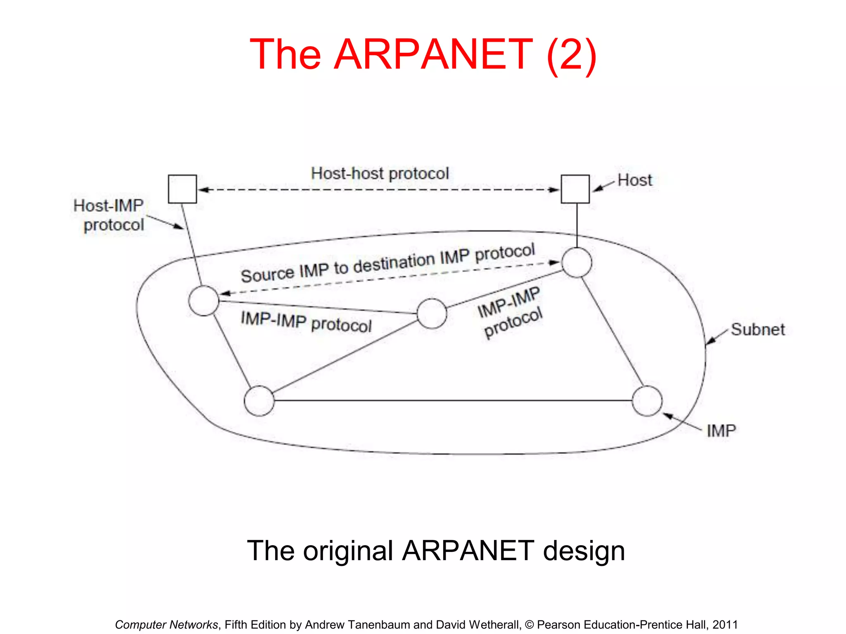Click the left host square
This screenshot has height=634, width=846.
(x=182, y=189)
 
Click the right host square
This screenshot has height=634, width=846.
(x=575, y=189)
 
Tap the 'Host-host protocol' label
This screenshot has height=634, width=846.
(x=380, y=173)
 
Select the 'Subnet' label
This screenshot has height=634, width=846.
(x=758, y=329)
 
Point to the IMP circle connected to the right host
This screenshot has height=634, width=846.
(x=577, y=263)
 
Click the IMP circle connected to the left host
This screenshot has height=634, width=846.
(x=204, y=301)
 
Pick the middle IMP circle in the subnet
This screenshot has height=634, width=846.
(x=432, y=314)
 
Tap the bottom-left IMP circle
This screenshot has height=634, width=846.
(x=259, y=401)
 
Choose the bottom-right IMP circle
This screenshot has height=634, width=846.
(x=647, y=401)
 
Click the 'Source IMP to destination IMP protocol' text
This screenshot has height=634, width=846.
(x=387, y=263)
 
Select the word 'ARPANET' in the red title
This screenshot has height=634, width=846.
(x=433, y=54)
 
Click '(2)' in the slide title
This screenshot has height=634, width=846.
(x=571, y=54)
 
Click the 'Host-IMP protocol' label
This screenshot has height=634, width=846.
(x=109, y=215)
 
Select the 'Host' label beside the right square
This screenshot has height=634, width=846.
(x=634, y=180)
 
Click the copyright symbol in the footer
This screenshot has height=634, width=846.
(x=529, y=625)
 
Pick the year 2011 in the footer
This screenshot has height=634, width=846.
(x=725, y=625)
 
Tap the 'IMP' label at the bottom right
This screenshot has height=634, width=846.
(x=721, y=431)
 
